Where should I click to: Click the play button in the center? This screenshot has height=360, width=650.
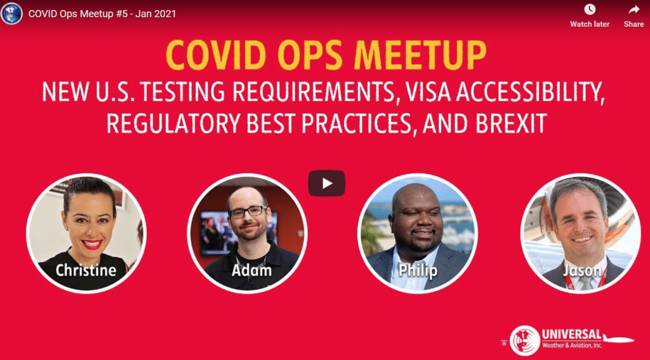[327, 183]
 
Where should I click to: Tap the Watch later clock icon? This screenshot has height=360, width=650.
[590, 10]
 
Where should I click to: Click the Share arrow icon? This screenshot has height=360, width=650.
[634, 10]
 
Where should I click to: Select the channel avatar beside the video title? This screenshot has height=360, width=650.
[11, 14]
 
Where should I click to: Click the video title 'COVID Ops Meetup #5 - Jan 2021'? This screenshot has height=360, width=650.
[102, 14]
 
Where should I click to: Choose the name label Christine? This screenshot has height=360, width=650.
[86, 270]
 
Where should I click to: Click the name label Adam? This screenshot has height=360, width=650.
[251, 270]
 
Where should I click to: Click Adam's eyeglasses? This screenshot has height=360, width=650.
[248, 212]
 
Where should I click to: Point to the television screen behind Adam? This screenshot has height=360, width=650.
[216, 233]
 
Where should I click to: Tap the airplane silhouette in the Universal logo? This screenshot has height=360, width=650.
[618, 339]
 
